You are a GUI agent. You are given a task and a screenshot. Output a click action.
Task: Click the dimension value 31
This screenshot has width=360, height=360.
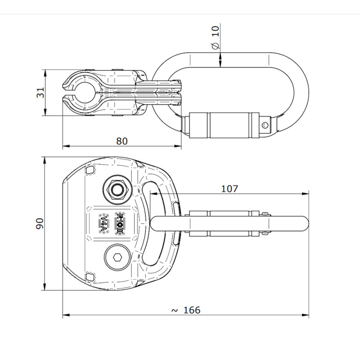(x=41, y=93)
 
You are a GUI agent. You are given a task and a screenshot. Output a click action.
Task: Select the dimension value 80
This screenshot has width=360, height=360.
(x=122, y=141)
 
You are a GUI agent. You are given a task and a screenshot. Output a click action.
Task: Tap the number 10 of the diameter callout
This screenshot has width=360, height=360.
(x=215, y=31)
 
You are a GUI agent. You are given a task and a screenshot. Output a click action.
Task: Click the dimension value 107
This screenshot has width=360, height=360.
(x=229, y=189)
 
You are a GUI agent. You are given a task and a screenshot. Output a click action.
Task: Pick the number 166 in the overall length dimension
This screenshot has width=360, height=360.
(x=192, y=310)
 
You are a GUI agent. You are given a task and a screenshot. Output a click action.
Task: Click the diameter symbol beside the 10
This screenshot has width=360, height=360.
(x=215, y=45)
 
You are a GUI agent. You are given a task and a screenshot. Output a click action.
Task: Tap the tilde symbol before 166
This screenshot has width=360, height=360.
(x=175, y=310)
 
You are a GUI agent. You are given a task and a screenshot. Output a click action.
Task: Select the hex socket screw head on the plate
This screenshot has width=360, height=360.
(x=117, y=257)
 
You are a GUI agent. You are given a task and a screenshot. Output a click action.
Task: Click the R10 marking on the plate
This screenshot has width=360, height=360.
(x=121, y=222)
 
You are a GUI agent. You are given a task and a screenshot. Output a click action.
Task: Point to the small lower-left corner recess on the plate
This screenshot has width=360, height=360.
(x=89, y=276)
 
